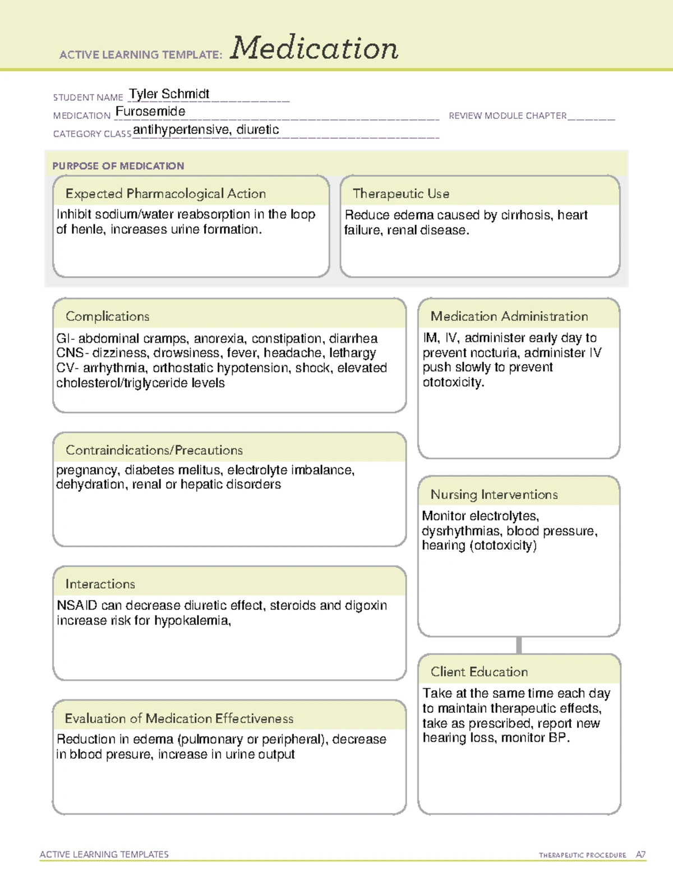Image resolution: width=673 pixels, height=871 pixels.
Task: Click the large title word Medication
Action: pos(314,48)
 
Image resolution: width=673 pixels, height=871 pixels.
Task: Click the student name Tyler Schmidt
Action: pos(169,94)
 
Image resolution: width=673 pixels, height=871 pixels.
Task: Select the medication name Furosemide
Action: pos(150,112)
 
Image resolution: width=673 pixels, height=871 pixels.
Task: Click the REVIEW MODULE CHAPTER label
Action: pos(508,116)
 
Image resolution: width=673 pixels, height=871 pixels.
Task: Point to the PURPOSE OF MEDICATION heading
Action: pos(118,166)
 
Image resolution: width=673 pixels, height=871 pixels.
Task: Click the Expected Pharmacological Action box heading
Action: pos(165,193)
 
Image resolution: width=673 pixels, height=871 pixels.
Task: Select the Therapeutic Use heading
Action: pos(400,193)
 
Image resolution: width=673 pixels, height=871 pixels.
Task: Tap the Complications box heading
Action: pos(107,316)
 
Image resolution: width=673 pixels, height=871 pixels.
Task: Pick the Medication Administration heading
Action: pos(509,316)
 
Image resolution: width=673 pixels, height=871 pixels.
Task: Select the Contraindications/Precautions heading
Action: pos(154,450)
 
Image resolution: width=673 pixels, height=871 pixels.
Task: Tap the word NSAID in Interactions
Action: pos(77,606)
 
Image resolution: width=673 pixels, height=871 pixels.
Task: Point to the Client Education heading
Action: pos(479,672)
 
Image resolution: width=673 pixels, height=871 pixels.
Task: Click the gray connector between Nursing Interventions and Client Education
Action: pos(519,646)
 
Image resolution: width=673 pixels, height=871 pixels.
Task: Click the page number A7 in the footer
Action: pos(640,855)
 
